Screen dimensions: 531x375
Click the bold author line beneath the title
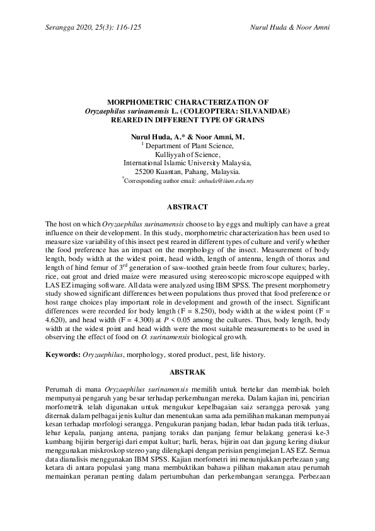tap(187, 136)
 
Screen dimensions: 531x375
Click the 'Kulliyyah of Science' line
tap(187, 154)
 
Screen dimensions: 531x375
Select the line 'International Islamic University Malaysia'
tap(187, 162)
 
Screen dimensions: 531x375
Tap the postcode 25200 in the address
tap(147, 171)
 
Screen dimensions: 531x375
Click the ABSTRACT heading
tap(187, 207)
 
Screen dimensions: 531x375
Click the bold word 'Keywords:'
tap(63, 354)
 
